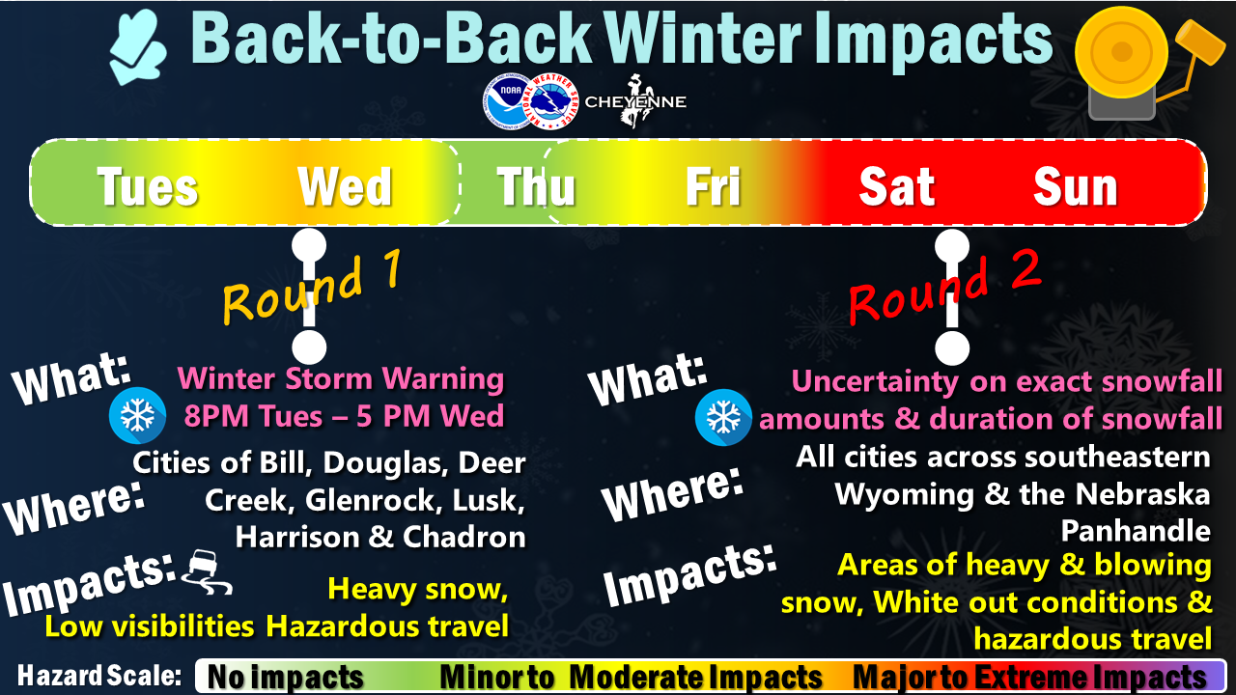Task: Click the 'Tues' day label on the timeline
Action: (x=148, y=187)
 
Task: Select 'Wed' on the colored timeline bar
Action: (x=346, y=186)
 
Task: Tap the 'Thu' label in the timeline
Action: (x=536, y=186)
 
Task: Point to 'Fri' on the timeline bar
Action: (x=713, y=186)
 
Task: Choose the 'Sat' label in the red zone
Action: (x=897, y=186)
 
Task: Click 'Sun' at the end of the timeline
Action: (x=1076, y=186)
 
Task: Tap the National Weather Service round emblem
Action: (x=550, y=101)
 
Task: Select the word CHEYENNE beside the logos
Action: (x=635, y=102)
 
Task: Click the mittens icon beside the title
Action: (x=138, y=48)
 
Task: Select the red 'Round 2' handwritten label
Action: (x=944, y=287)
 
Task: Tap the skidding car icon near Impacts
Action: (x=207, y=572)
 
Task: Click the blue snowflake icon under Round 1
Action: (x=137, y=415)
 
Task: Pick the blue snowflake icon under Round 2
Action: (x=723, y=417)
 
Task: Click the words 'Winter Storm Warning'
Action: (x=341, y=379)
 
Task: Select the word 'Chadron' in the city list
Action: (x=464, y=537)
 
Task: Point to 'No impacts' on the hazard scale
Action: (x=285, y=677)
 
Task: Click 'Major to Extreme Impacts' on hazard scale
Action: (x=1029, y=677)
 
